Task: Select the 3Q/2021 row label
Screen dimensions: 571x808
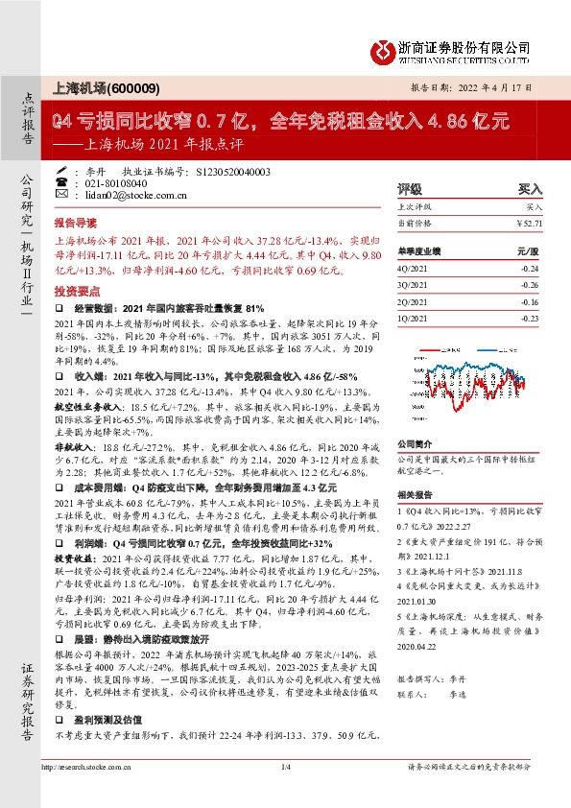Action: tap(412, 285)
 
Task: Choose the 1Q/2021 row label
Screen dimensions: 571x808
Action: tap(412, 318)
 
